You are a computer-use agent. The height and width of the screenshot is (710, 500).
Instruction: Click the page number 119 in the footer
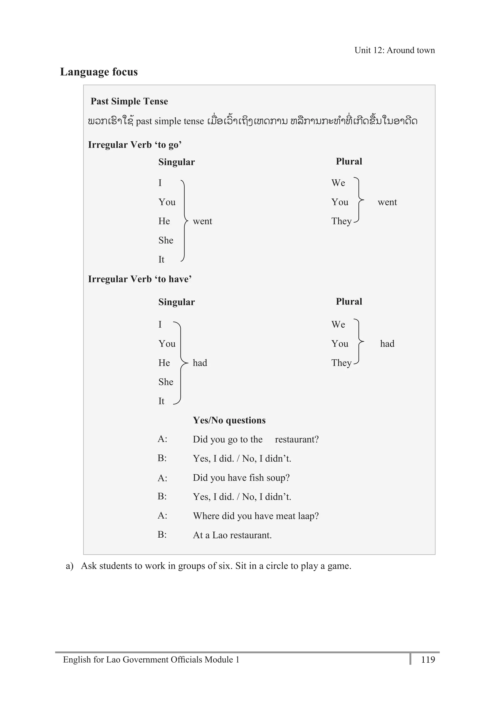(x=428, y=660)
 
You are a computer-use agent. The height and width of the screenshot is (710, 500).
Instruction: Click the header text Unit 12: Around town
(x=394, y=50)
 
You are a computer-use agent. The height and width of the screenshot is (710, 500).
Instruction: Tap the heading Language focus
(x=99, y=72)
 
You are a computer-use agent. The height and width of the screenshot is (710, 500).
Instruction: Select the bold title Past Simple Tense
(x=129, y=101)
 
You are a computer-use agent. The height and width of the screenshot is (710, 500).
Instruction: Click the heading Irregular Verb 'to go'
(x=135, y=145)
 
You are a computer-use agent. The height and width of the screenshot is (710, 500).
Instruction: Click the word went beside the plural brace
(x=387, y=202)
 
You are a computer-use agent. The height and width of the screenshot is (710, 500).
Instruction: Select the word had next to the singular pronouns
(x=200, y=363)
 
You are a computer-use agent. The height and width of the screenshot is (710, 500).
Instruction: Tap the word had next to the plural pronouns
(x=387, y=344)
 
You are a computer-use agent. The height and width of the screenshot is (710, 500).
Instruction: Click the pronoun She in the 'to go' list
(x=166, y=240)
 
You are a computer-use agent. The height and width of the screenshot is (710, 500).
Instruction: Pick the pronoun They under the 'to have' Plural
(x=341, y=363)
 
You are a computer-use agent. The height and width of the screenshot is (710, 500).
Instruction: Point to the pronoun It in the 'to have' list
(x=161, y=401)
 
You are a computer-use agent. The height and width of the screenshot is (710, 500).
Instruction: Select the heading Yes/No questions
(x=229, y=420)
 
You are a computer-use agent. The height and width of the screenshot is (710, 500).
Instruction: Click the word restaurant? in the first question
(x=297, y=439)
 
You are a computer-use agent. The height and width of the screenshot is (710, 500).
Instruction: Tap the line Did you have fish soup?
(x=241, y=478)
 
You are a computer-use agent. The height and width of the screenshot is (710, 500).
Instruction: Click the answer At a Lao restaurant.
(x=232, y=535)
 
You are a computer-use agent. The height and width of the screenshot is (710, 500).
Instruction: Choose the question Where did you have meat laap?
(x=256, y=516)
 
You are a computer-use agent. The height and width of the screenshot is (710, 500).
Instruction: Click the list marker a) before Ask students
(x=70, y=566)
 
